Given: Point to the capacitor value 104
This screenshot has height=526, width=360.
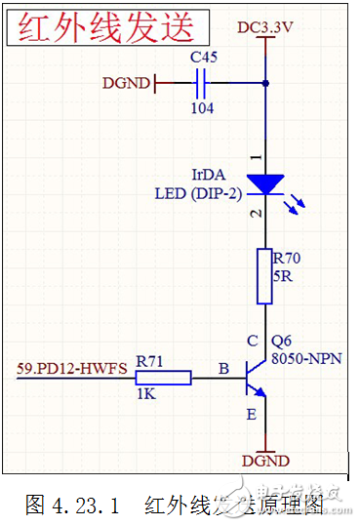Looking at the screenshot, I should (202, 108).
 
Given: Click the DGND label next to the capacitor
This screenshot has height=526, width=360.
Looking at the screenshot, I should (127, 84).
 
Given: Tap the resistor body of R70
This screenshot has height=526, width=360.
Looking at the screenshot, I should (264, 276).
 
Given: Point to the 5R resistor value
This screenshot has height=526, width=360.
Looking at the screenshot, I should (282, 276).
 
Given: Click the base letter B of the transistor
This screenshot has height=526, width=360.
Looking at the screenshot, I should (224, 370).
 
